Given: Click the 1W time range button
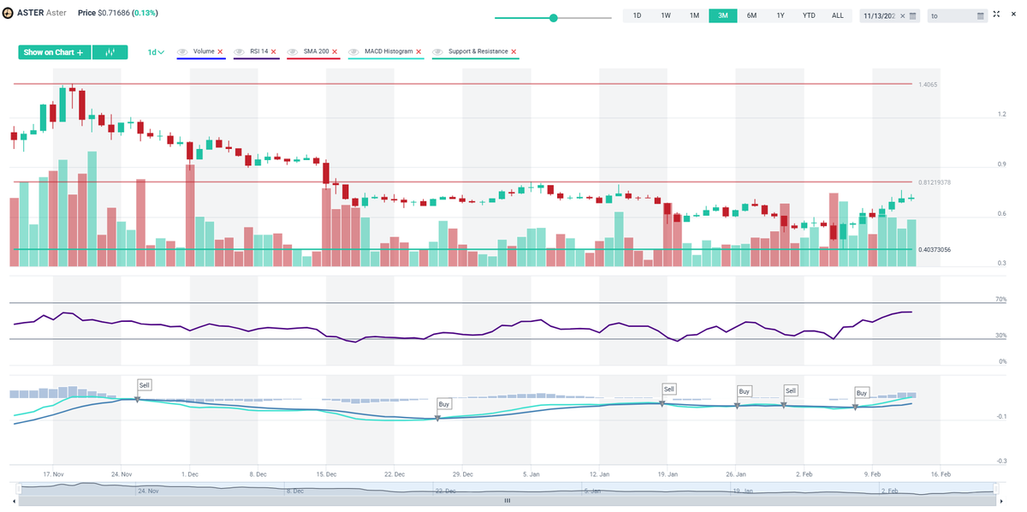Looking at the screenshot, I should pos(665,15).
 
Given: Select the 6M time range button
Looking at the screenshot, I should pos(751,15).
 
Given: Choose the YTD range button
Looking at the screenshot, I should pos(808,15).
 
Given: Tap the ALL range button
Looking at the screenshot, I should pos(837,15).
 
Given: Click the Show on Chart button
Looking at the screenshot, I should pos(53,52).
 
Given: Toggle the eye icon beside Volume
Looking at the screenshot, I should pos(183,52).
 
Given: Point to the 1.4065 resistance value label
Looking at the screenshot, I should pos(928,85).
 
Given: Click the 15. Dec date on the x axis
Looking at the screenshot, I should pos(326,473).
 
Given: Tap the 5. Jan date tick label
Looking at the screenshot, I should pos(531,473).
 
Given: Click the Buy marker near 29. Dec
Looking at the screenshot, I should pos(443,403).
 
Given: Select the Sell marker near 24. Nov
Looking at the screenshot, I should pos(145,385).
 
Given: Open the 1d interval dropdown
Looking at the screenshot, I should pos(156,52).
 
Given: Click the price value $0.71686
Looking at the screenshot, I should pos(116,14).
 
